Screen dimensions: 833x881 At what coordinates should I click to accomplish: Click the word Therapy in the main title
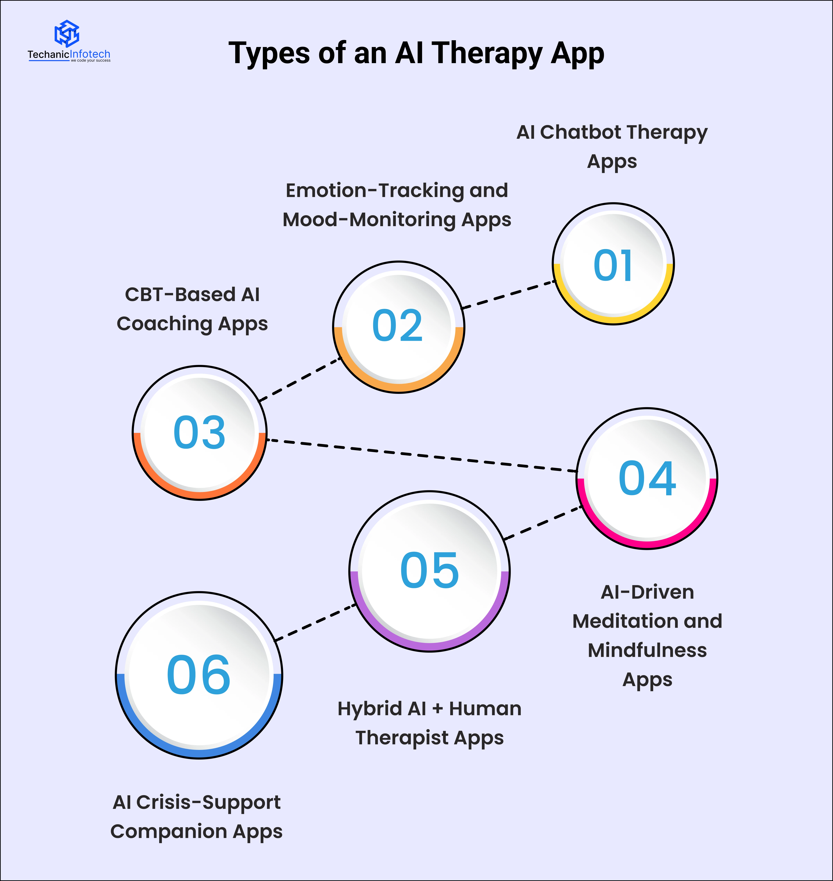click(487, 54)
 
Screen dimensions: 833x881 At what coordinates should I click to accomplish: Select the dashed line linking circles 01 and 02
click(509, 294)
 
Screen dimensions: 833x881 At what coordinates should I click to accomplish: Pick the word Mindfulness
click(647, 650)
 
